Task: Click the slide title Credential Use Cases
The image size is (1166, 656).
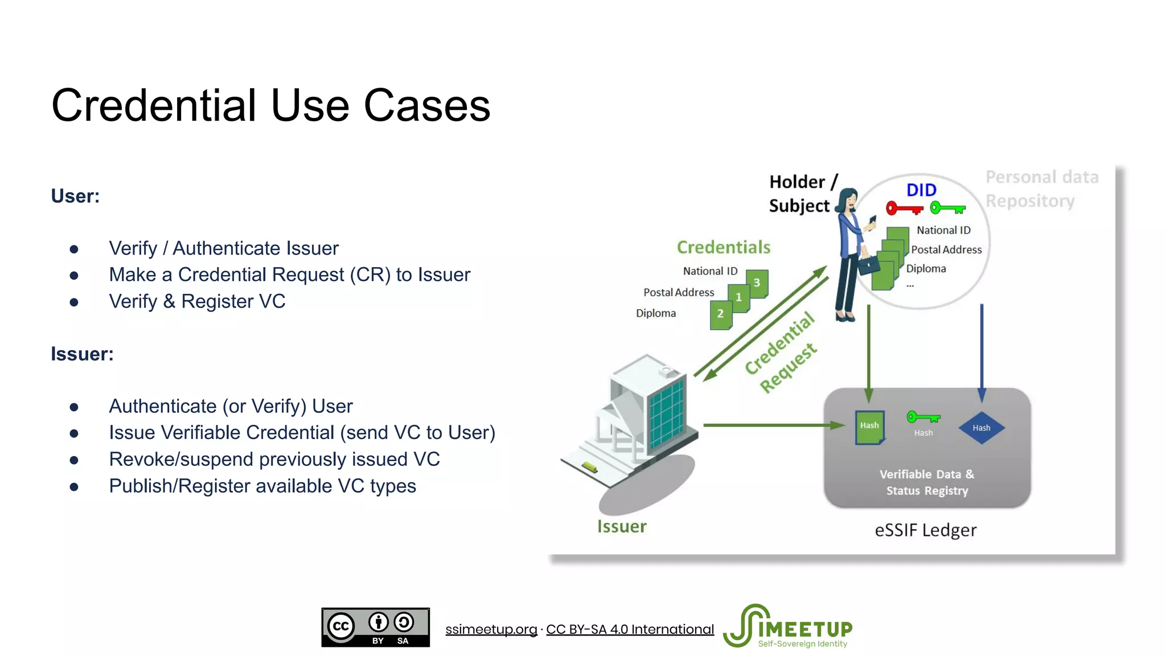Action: click(270, 106)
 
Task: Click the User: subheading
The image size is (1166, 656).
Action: click(75, 196)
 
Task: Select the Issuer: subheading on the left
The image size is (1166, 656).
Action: click(82, 354)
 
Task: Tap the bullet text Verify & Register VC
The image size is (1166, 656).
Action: click(197, 301)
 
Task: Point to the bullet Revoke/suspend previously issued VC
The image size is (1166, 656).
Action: click(274, 459)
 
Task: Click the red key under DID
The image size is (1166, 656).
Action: click(904, 208)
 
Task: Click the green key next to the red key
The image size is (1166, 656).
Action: click(948, 208)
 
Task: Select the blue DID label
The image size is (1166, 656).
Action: click(921, 190)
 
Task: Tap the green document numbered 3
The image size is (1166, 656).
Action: click(758, 283)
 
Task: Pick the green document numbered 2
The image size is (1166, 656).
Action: click(721, 314)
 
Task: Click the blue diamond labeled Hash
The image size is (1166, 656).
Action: click(981, 428)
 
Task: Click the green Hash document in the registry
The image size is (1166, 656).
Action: click(869, 427)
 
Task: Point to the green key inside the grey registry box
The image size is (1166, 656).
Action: click(923, 417)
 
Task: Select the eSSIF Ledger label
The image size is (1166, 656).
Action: click(925, 530)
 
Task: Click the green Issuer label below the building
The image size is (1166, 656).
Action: click(622, 526)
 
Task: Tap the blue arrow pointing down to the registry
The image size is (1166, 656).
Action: click(982, 353)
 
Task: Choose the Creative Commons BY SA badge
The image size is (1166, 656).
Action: click(375, 627)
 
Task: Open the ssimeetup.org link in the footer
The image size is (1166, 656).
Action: click(491, 629)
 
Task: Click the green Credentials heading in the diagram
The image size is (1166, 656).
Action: click(723, 247)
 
